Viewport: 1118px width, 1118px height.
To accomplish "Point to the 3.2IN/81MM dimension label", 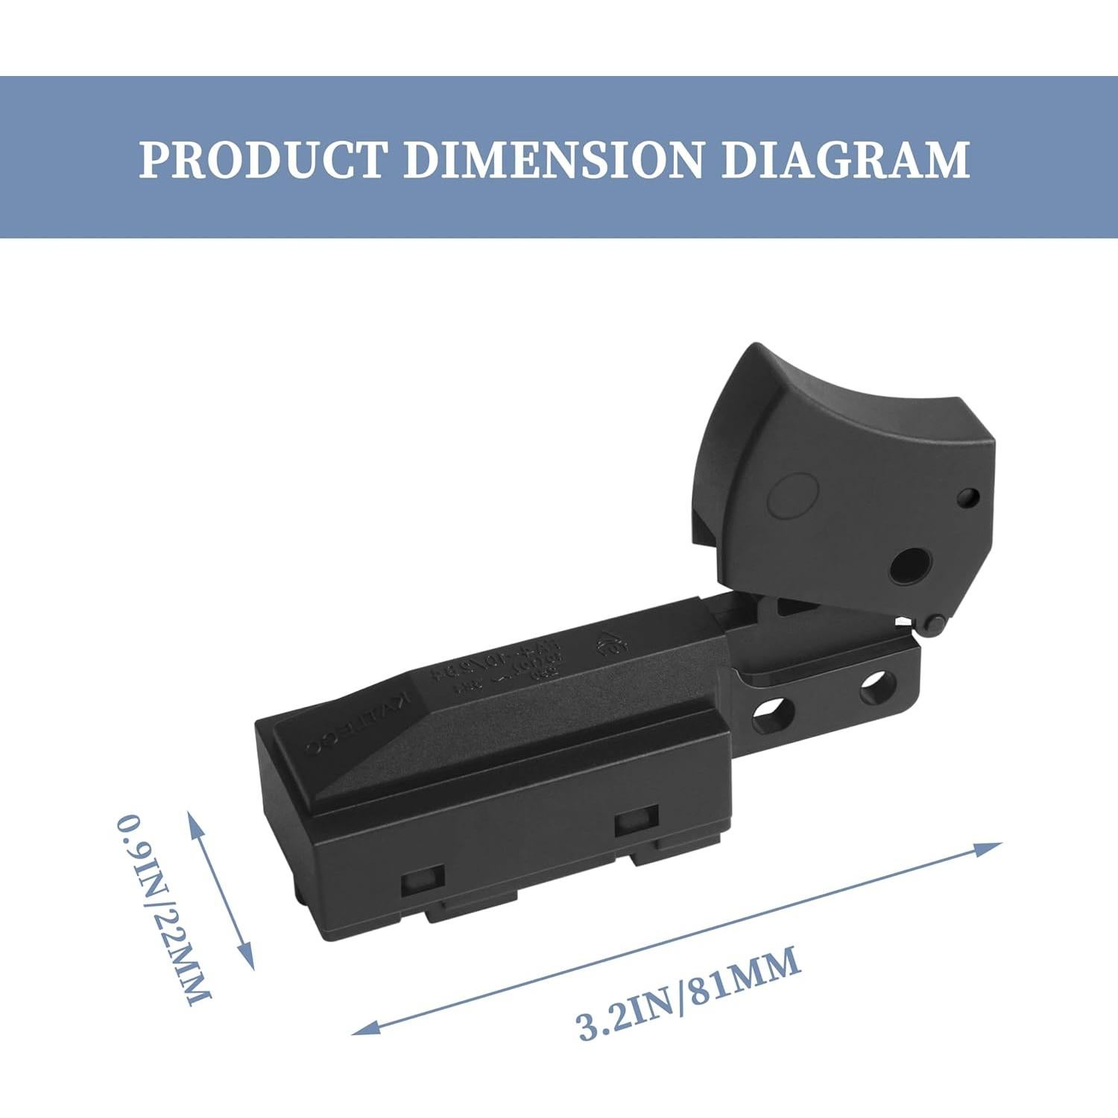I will pyautogui.click(x=689, y=993).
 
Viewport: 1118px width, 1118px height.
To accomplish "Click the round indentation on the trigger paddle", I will pyautogui.click(x=793, y=495).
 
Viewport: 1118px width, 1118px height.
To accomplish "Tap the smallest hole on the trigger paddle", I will pyautogui.click(x=968, y=497).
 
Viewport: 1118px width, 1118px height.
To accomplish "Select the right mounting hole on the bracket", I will pyautogui.click(x=877, y=686).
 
